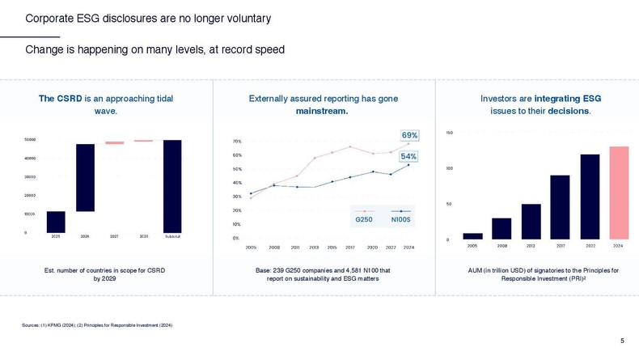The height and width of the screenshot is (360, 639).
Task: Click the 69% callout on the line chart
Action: point(409,135)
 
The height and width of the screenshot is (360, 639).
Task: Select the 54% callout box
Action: point(408,156)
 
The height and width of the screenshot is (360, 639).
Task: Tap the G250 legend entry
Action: point(364,218)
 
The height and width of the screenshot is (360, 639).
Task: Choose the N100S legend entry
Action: point(400,218)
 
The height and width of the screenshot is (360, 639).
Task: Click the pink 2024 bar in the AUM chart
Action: point(618,193)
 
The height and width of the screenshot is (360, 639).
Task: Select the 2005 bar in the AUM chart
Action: point(472,236)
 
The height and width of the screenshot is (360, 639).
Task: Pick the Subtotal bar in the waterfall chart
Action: point(172,186)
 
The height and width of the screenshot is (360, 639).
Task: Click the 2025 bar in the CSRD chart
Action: point(56,222)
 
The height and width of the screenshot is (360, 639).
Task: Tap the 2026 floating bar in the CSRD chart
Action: point(85,178)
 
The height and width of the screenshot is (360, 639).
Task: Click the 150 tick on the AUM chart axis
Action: point(450,132)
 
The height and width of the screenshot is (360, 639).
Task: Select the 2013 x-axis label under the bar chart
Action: point(531,246)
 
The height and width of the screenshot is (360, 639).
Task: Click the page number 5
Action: point(622,341)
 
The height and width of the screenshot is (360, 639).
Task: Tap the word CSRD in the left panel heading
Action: point(70,99)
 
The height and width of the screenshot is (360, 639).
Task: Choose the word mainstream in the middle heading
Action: point(322,111)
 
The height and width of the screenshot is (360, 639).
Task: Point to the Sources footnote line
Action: point(97,325)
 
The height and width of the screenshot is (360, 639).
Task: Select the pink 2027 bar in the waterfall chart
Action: point(115,143)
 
